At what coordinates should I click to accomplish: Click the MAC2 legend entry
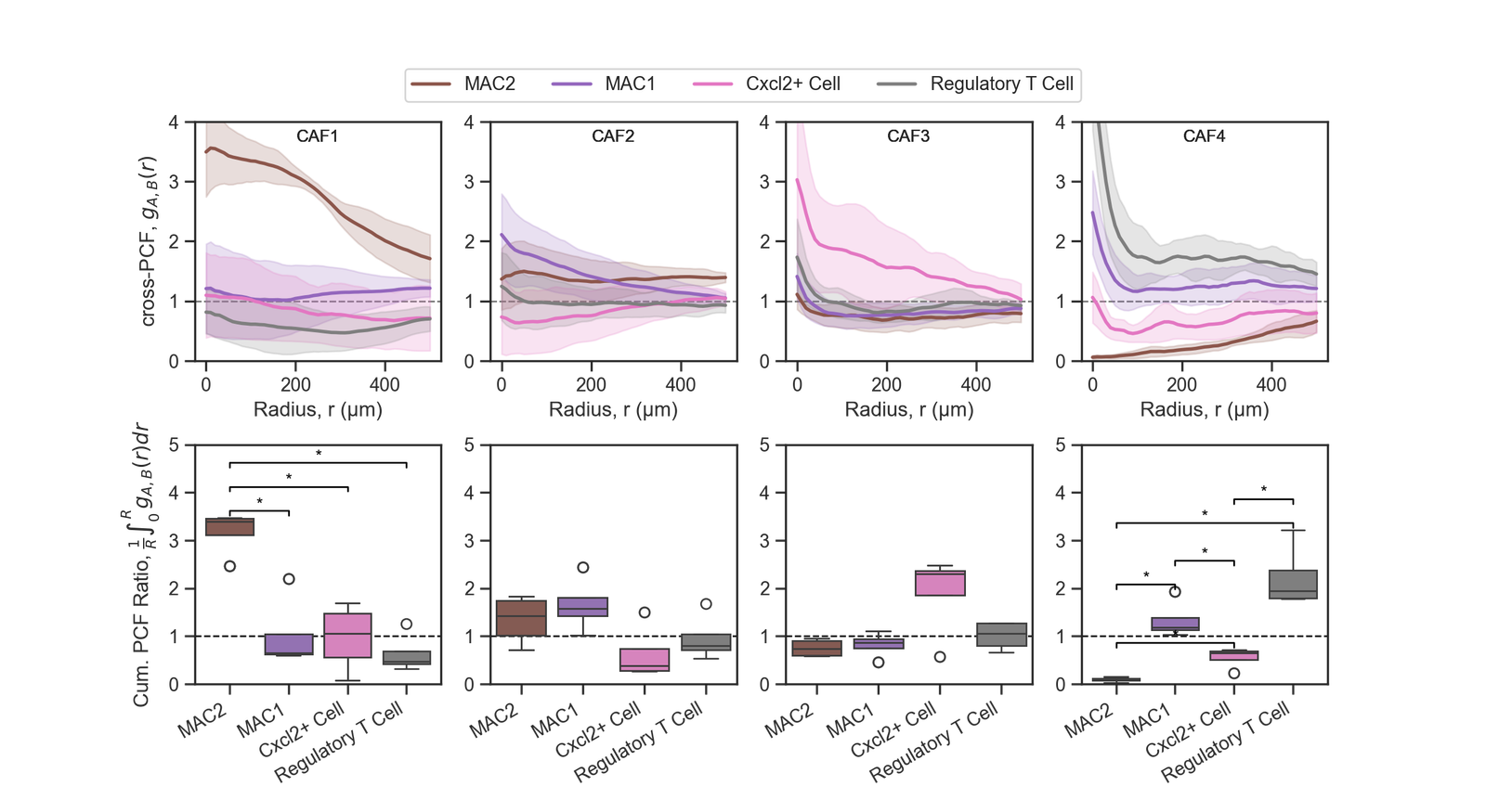(x=489, y=84)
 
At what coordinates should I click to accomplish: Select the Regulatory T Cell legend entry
(x=1001, y=84)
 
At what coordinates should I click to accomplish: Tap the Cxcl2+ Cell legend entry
(x=792, y=84)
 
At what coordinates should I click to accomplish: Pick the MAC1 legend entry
(x=630, y=84)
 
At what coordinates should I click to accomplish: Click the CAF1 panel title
(x=318, y=136)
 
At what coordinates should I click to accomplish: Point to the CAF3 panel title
(x=908, y=136)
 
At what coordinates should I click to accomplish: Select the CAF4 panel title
(x=1204, y=136)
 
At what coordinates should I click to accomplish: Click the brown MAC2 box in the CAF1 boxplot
(x=229, y=527)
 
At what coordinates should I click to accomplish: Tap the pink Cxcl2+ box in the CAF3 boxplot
(x=940, y=583)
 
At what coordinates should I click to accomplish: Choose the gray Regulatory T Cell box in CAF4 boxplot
(x=1293, y=585)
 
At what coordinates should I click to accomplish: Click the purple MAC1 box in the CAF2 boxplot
(x=582, y=607)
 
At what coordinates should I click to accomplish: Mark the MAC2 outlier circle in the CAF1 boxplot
(x=229, y=566)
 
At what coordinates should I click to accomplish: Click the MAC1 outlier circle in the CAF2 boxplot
(x=582, y=567)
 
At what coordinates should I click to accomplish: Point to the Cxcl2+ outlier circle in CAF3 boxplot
(x=940, y=657)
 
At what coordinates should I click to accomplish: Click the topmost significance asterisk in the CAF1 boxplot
(x=319, y=454)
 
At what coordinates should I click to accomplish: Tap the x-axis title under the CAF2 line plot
(x=613, y=409)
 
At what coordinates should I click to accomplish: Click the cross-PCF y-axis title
(x=150, y=241)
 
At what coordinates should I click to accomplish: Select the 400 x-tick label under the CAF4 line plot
(x=1271, y=384)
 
